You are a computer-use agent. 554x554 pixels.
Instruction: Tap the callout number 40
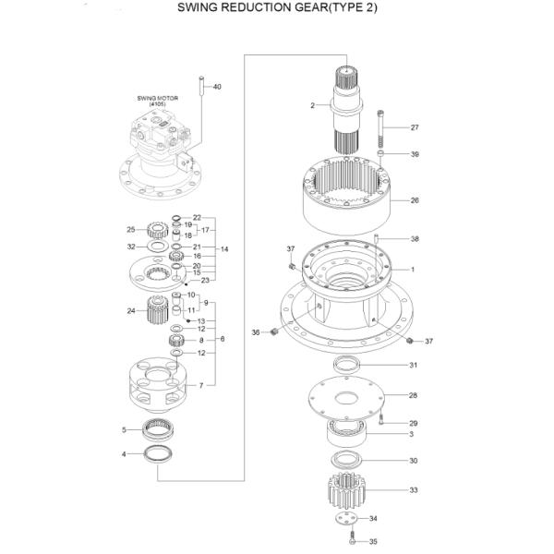[217, 87]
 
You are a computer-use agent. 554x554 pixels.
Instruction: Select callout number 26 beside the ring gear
[415, 199]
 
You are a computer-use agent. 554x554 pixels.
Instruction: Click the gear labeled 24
[162, 311]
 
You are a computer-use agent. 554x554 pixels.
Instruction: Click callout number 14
[224, 249]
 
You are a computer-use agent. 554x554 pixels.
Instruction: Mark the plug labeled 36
[274, 331]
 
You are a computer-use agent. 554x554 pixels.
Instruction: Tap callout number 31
[414, 366]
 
